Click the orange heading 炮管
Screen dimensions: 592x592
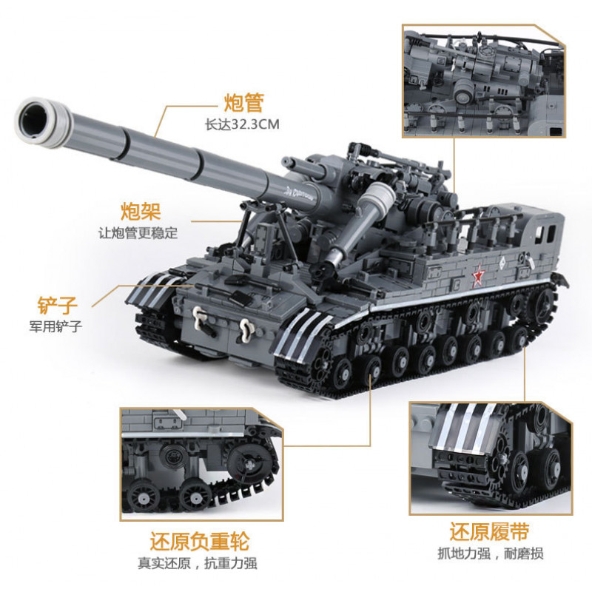[244, 102]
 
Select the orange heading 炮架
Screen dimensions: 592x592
[141, 209]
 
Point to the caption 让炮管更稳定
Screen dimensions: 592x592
[139, 232]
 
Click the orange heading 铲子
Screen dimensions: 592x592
[58, 303]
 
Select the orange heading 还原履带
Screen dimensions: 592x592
[488, 532]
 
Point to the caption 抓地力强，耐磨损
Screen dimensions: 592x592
[488, 555]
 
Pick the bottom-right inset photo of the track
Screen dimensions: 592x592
[488, 459]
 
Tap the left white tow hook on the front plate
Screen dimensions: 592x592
[198, 314]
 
